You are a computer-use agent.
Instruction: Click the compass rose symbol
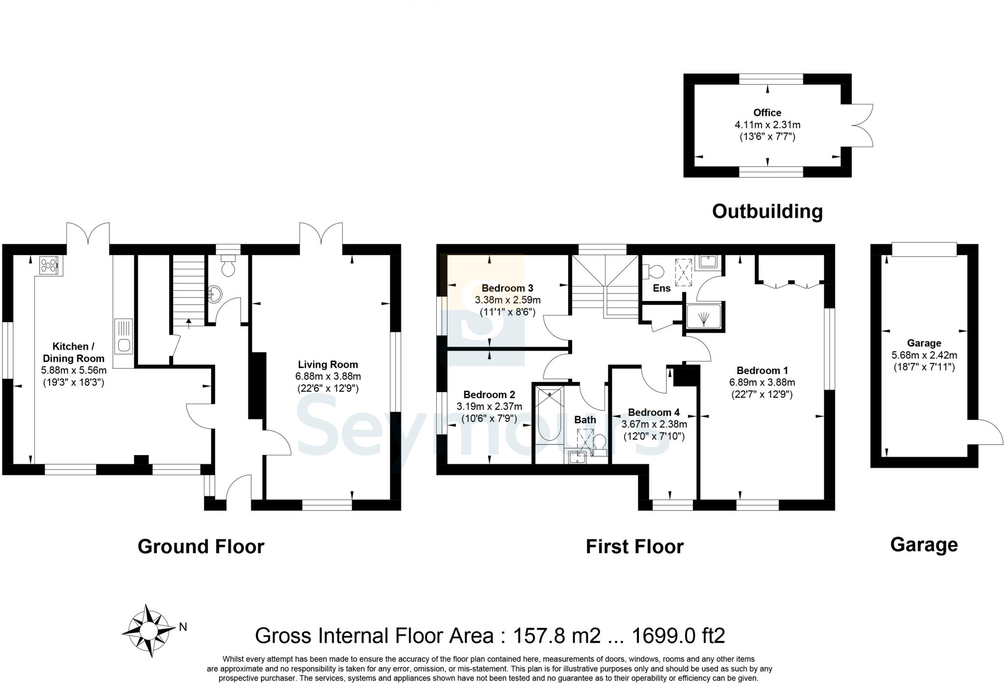149,630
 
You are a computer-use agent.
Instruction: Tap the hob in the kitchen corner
49,266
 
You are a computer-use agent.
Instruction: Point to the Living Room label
328,364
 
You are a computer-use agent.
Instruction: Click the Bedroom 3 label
507,288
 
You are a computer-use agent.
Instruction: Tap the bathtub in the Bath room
549,414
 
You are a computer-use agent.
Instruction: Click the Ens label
661,288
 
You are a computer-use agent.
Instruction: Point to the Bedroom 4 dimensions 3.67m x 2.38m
654,424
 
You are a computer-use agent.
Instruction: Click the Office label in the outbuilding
767,112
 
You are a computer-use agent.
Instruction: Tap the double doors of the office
862,125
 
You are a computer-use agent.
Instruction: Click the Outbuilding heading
767,211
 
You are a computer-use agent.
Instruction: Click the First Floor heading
634,546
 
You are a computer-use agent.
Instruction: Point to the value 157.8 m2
556,635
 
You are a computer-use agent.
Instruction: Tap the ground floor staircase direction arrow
189,323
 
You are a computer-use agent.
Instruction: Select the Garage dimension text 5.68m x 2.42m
924,355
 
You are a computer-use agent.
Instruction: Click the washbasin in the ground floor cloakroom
215,294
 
